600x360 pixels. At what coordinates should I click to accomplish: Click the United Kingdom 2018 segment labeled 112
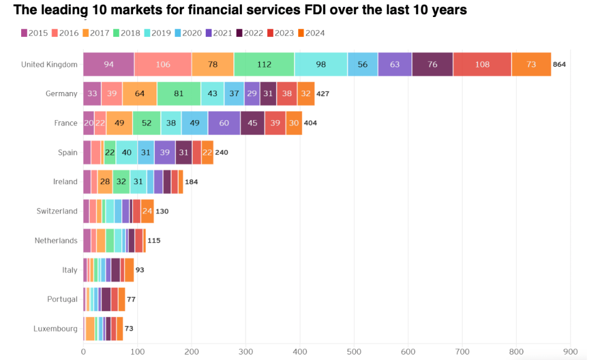pyautogui.click(x=264, y=64)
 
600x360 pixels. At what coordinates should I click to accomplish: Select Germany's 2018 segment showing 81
pyautogui.click(x=179, y=94)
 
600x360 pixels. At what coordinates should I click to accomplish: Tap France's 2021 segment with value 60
pyautogui.click(x=224, y=123)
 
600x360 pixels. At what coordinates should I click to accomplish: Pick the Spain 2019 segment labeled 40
pyautogui.click(x=127, y=152)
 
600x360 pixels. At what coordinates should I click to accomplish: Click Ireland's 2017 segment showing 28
pyautogui.click(x=105, y=182)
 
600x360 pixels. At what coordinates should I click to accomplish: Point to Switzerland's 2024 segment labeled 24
pyautogui.click(x=147, y=211)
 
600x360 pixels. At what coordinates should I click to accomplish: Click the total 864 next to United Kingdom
pyautogui.click(x=559, y=64)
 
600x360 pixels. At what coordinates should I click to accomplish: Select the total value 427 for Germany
pyautogui.click(x=323, y=94)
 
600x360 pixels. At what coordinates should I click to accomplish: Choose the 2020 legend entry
pyautogui.click(x=189, y=33)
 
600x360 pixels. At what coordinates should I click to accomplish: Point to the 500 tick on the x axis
pyautogui.click(x=353, y=352)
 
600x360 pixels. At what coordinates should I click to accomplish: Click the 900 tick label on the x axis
pyautogui.click(x=570, y=352)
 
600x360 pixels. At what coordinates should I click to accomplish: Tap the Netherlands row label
pyautogui.click(x=56, y=240)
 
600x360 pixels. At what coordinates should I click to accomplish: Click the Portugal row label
pyautogui.click(x=62, y=299)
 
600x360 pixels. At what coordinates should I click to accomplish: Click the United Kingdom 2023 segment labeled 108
pyautogui.click(x=482, y=64)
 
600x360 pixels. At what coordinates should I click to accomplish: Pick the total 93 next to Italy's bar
pyautogui.click(x=139, y=270)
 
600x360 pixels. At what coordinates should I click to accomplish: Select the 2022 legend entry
pyautogui.click(x=250, y=33)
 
